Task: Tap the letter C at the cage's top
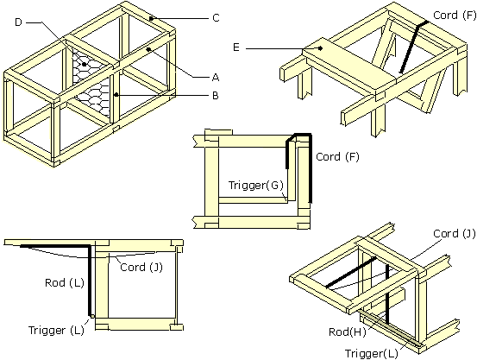click(x=215, y=17)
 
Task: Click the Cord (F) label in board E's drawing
click(x=453, y=15)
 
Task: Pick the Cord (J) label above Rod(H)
click(x=452, y=233)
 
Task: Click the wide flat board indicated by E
click(x=345, y=60)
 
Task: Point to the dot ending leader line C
click(x=150, y=17)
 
